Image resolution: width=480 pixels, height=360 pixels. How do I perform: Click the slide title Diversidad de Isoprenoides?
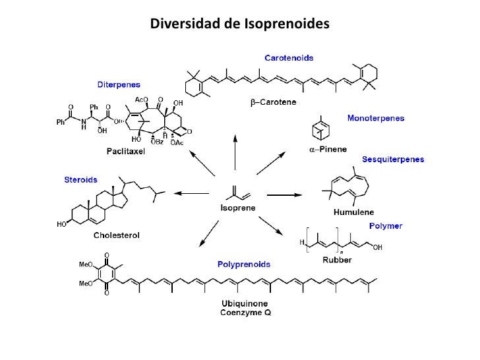pyautogui.click(x=239, y=24)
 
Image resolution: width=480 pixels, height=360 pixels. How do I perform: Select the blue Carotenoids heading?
pyautogui.click(x=289, y=58)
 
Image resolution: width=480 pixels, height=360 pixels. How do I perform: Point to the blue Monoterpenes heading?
pyautogui.click(x=376, y=119)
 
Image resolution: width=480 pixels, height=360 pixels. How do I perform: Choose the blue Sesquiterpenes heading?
pyautogui.click(x=393, y=160)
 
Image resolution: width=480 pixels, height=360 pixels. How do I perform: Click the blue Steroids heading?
pyautogui.click(x=80, y=179)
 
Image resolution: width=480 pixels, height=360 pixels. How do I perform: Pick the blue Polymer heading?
pyautogui.click(x=386, y=225)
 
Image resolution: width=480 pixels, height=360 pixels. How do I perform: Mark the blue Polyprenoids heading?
pyautogui.click(x=244, y=264)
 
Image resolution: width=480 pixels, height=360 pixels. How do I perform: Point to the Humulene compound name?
pyautogui.click(x=353, y=212)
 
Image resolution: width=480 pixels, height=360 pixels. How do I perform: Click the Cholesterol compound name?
pyautogui.click(x=120, y=235)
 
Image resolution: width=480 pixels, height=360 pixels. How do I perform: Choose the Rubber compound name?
pyautogui.click(x=337, y=260)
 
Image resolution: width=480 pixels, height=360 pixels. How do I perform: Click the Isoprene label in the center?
pyautogui.click(x=237, y=208)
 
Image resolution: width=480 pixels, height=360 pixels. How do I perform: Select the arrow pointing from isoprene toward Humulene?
pyautogui.click(x=284, y=195)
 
